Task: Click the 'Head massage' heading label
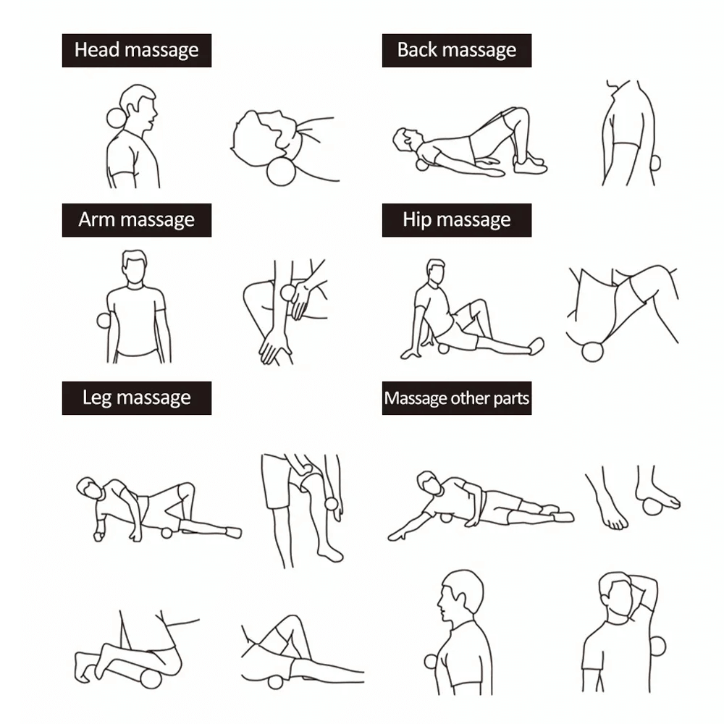tap(137, 51)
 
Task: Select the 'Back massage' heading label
tap(457, 51)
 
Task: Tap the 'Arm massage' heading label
tap(137, 220)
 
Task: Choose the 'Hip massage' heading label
tap(457, 220)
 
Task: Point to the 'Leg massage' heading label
tap(137, 398)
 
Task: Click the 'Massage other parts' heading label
tap(457, 398)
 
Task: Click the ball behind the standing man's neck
tap(115, 118)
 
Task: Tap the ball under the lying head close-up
tap(281, 172)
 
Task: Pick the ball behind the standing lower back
tap(656, 163)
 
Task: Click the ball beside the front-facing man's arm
tap(103, 321)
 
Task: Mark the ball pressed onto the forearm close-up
tap(288, 292)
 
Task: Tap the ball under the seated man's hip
tap(443, 348)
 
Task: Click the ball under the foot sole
tap(652, 507)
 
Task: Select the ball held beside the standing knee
tap(332, 503)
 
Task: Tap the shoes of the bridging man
tap(530, 164)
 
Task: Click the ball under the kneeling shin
tap(151, 678)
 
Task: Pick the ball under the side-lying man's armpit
tap(445, 517)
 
